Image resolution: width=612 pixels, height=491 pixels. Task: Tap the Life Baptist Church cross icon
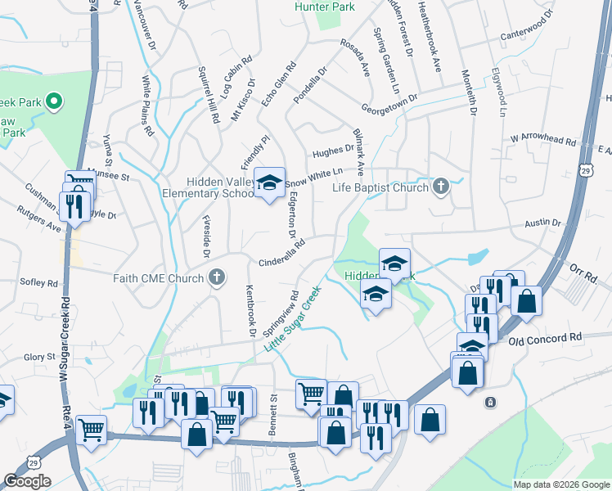[441, 187]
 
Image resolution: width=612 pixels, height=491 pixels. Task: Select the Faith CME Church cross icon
[217, 277]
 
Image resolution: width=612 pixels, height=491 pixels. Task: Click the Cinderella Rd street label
[282, 250]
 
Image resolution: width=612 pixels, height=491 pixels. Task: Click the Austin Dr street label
[543, 223]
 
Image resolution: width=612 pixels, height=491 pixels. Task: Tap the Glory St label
[39, 357]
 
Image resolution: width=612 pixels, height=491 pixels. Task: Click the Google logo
[27, 481]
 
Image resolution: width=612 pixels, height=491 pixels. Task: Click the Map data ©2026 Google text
[561, 484]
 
